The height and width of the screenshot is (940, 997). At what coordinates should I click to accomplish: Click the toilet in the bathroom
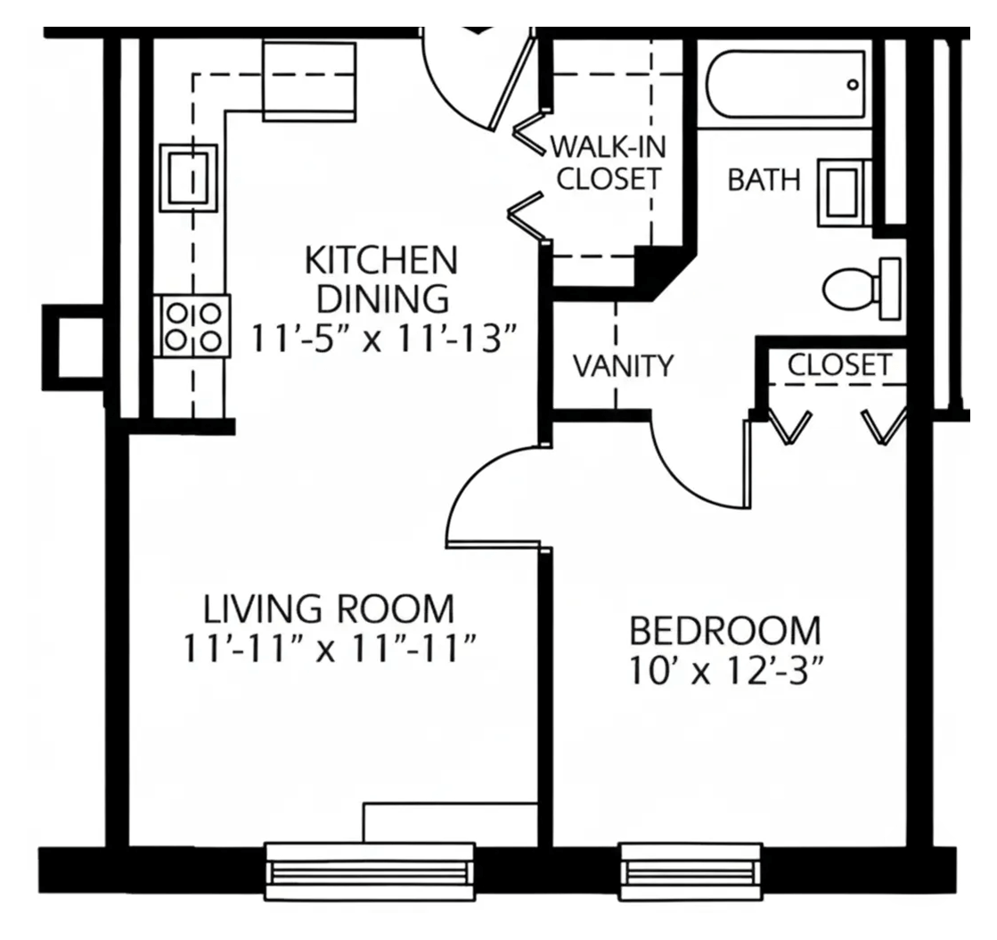click(862, 289)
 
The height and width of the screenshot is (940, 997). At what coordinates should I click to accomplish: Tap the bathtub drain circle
click(853, 85)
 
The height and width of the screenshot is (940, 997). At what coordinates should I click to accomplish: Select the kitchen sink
click(188, 178)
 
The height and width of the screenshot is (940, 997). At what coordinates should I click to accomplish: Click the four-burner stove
click(192, 325)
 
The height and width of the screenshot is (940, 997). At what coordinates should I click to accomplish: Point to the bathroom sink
click(844, 192)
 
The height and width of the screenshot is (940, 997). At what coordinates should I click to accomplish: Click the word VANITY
click(623, 365)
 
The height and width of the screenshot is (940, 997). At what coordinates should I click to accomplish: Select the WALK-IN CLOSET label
click(609, 163)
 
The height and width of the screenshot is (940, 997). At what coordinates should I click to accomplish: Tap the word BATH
click(764, 180)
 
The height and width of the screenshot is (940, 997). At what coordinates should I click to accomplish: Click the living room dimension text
click(330, 649)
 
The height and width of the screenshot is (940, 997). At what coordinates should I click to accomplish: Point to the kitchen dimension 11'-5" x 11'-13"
click(381, 338)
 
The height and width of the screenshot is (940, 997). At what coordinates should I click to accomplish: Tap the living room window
click(370, 871)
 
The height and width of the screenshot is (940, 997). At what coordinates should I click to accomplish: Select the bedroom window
click(691, 871)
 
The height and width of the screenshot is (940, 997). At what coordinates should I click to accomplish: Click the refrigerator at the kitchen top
click(309, 80)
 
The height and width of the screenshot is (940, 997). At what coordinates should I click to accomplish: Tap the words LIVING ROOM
click(329, 609)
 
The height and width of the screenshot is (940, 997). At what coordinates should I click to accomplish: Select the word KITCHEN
click(381, 260)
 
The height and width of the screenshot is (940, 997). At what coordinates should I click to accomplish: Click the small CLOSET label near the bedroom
click(839, 365)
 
